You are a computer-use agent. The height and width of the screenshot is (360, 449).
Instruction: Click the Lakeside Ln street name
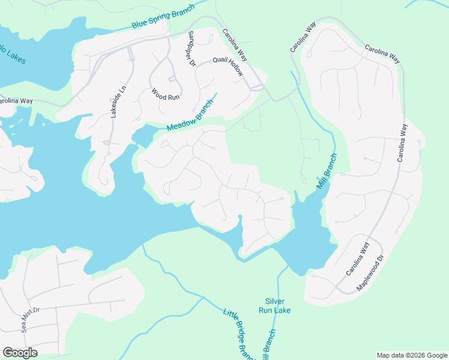coord(117,101)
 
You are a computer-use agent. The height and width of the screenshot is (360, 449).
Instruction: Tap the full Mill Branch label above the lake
coord(327,172)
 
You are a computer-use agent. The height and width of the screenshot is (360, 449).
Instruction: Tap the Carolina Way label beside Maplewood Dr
coord(357,260)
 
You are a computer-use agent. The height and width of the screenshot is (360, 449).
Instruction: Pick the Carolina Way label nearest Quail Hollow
coord(235,45)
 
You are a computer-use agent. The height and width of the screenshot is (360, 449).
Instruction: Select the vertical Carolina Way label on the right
coord(401,143)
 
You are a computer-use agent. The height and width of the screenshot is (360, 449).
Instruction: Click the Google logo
coord(20,352)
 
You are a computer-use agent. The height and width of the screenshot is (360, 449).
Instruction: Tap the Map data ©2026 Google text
coord(411,355)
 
